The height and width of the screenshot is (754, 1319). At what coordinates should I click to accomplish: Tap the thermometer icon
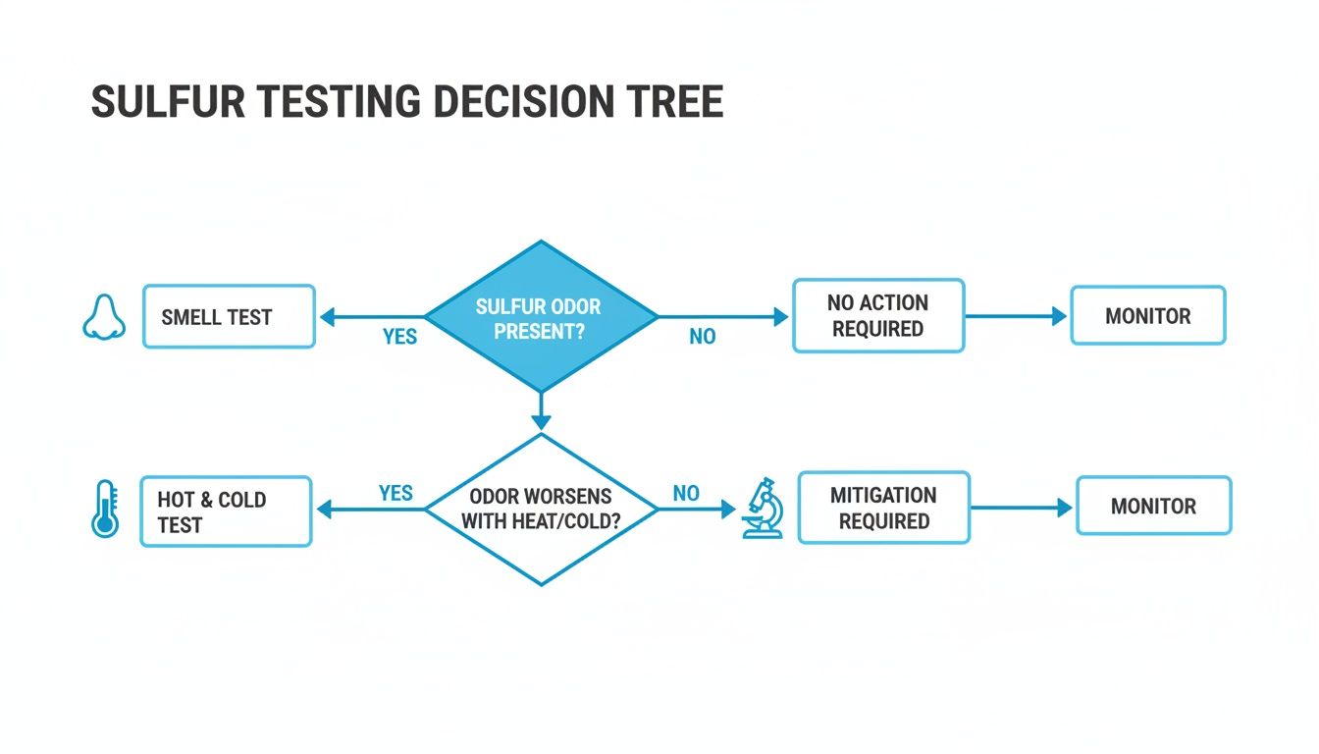click(104, 509)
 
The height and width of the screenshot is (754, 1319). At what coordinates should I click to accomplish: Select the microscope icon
click(762, 508)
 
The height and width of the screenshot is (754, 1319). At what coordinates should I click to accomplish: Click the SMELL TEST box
click(229, 317)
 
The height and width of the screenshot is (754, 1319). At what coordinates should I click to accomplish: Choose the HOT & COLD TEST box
click(226, 512)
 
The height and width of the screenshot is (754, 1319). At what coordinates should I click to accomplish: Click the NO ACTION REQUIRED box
click(877, 316)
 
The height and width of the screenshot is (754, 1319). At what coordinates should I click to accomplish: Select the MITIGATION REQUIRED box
click(883, 508)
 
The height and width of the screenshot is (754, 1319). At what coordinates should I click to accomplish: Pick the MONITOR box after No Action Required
click(1147, 316)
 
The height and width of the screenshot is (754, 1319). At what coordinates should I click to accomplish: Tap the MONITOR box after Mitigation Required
click(1153, 507)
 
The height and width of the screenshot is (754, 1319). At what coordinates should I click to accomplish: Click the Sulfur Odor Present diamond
click(541, 317)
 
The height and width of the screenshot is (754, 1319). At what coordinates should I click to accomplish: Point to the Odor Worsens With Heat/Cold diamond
click(541, 510)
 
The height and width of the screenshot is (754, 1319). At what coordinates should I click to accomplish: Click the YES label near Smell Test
click(399, 337)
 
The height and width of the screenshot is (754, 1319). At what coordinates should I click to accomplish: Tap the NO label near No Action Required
click(702, 337)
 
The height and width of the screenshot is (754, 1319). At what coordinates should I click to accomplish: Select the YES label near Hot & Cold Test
click(396, 493)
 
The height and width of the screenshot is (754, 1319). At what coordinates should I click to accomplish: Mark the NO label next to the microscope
click(686, 493)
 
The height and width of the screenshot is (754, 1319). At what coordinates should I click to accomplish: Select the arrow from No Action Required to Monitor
click(1016, 316)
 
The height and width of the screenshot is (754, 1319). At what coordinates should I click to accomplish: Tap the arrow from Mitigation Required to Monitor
click(1022, 508)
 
